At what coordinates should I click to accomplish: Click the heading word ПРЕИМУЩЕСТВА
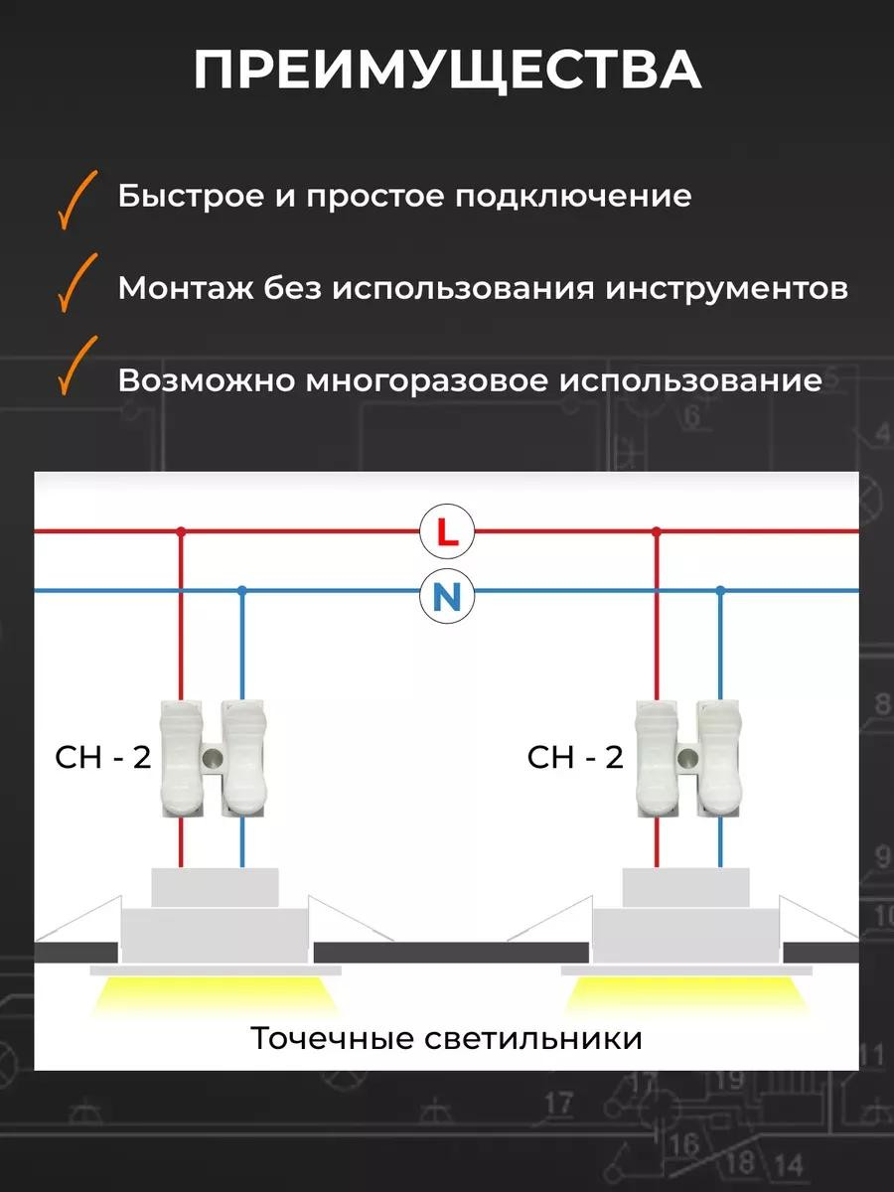(x=447, y=71)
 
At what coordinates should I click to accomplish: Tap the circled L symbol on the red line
(x=448, y=533)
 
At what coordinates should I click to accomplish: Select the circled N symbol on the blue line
(x=448, y=596)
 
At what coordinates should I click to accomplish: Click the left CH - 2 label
(x=102, y=758)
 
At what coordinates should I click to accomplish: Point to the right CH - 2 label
(x=575, y=758)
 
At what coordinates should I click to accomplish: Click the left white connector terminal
(x=215, y=758)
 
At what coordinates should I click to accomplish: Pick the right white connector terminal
(x=687, y=758)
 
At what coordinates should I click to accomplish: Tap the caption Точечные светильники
(x=446, y=1039)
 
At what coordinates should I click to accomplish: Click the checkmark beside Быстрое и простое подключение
(x=76, y=199)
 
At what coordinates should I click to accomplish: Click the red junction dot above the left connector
(x=181, y=532)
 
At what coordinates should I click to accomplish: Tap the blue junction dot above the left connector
(x=241, y=591)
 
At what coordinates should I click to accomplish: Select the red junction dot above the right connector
(x=656, y=532)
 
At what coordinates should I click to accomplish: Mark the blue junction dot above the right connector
(x=720, y=591)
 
